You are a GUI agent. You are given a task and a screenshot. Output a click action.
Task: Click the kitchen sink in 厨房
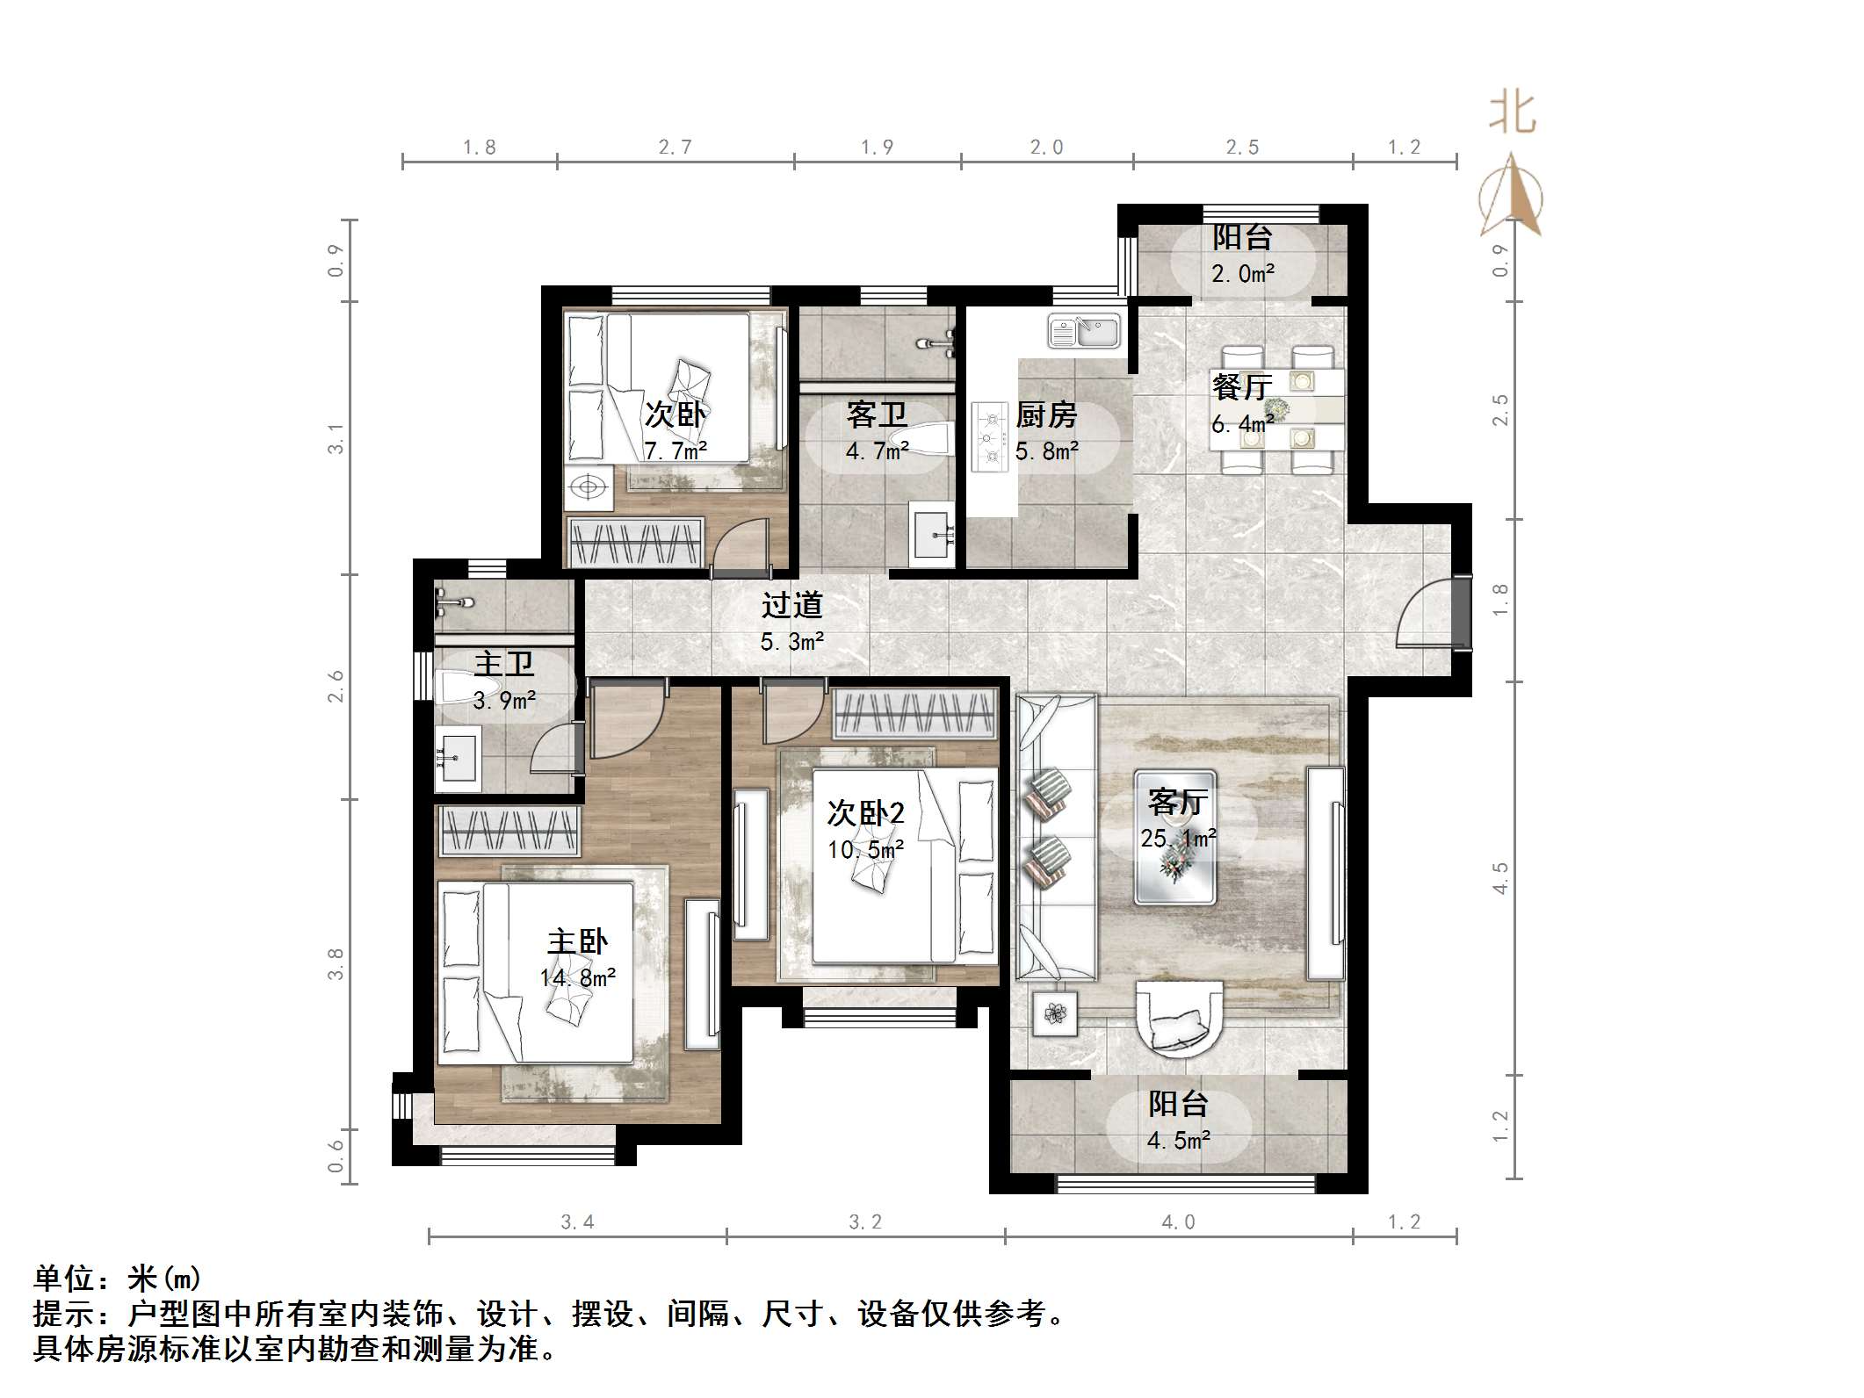point(1084,332)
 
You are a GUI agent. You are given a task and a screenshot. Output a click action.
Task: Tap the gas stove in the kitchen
point(990,437)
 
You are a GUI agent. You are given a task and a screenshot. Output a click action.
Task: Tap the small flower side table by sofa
point(1055,1014)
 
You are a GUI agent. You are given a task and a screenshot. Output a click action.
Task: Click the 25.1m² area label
point(1178,839)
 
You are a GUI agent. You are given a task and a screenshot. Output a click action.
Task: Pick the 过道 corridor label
point(791,605)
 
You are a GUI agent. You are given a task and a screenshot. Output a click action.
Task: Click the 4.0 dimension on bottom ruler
point(1178,1221)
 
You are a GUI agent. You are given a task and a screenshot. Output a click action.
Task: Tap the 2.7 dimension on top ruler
point(675,147)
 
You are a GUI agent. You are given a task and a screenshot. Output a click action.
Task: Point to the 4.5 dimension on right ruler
point(1500,877)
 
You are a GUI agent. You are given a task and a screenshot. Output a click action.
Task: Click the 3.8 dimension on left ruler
point(336,963)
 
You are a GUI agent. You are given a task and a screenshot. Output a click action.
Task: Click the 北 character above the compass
point(1512,114)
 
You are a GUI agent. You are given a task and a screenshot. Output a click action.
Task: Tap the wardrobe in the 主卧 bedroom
point(509,830)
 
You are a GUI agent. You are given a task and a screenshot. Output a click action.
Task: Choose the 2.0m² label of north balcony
point(1242,274)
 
